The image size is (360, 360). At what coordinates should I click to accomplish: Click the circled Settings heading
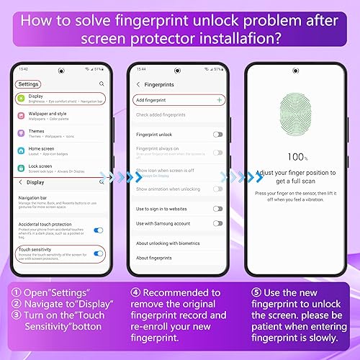(29, 84)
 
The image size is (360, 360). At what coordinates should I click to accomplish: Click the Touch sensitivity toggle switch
(98, 253)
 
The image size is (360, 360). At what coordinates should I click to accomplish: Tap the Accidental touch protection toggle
(98, 230)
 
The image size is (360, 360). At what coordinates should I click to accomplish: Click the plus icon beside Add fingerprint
(219, 99)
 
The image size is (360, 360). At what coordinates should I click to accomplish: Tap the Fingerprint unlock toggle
(217, 134)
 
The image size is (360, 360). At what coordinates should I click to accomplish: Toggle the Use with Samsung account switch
(217, 223)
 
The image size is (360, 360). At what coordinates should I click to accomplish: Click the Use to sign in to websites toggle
(217, 208)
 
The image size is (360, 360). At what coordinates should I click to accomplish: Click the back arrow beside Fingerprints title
(138, 84)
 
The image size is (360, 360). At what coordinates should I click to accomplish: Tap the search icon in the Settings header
(102, 84)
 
